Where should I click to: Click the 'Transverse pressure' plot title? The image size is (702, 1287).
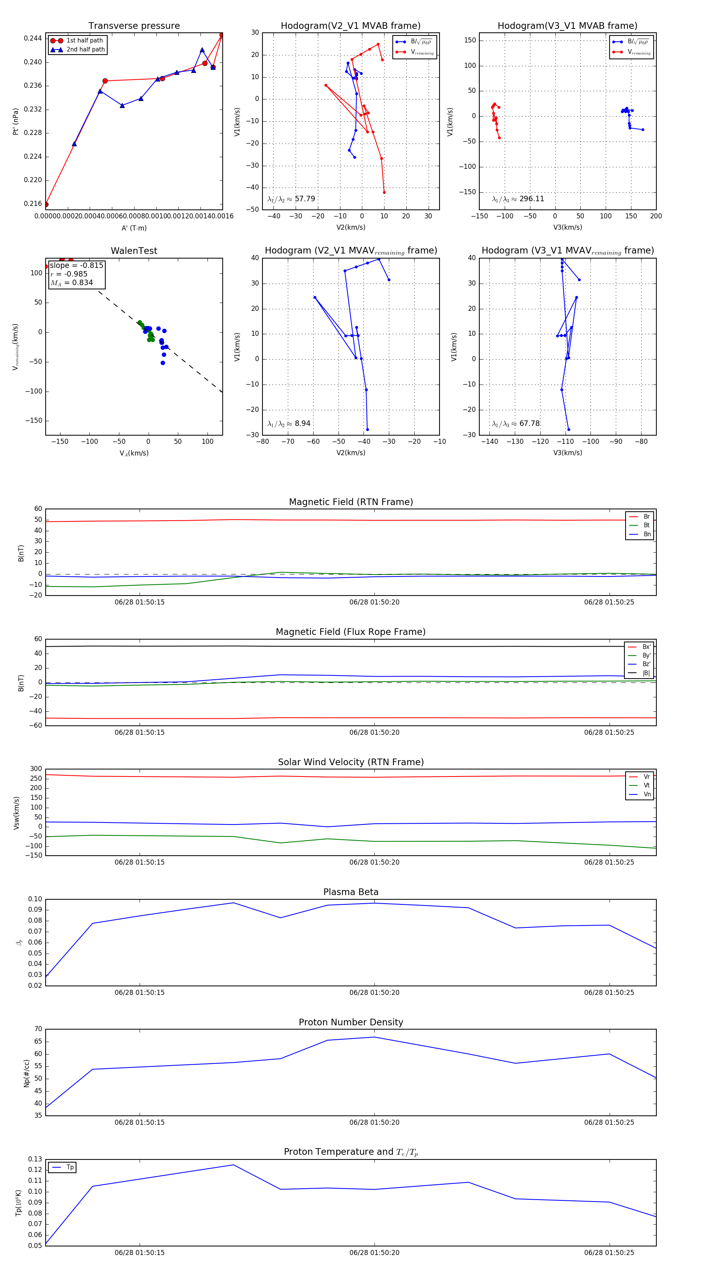(134, 26)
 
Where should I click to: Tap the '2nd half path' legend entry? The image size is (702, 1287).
(85, 50)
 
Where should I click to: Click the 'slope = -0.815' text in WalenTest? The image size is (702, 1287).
(76, 265)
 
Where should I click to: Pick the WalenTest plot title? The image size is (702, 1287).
(134, 251)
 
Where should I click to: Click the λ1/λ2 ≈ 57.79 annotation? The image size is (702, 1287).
(291, 199)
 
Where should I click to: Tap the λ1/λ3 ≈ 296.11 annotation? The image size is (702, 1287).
(518, 199)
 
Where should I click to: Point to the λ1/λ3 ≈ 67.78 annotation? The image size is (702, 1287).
(516, 424)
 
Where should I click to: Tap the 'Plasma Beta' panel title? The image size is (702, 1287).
(351, 892)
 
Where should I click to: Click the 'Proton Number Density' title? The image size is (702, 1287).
(351, 1022)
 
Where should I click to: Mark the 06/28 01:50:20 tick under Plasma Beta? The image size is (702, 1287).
(374, 993)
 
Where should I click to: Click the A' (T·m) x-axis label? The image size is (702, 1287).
(134, 228)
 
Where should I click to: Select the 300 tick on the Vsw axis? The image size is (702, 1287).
(36, 769)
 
